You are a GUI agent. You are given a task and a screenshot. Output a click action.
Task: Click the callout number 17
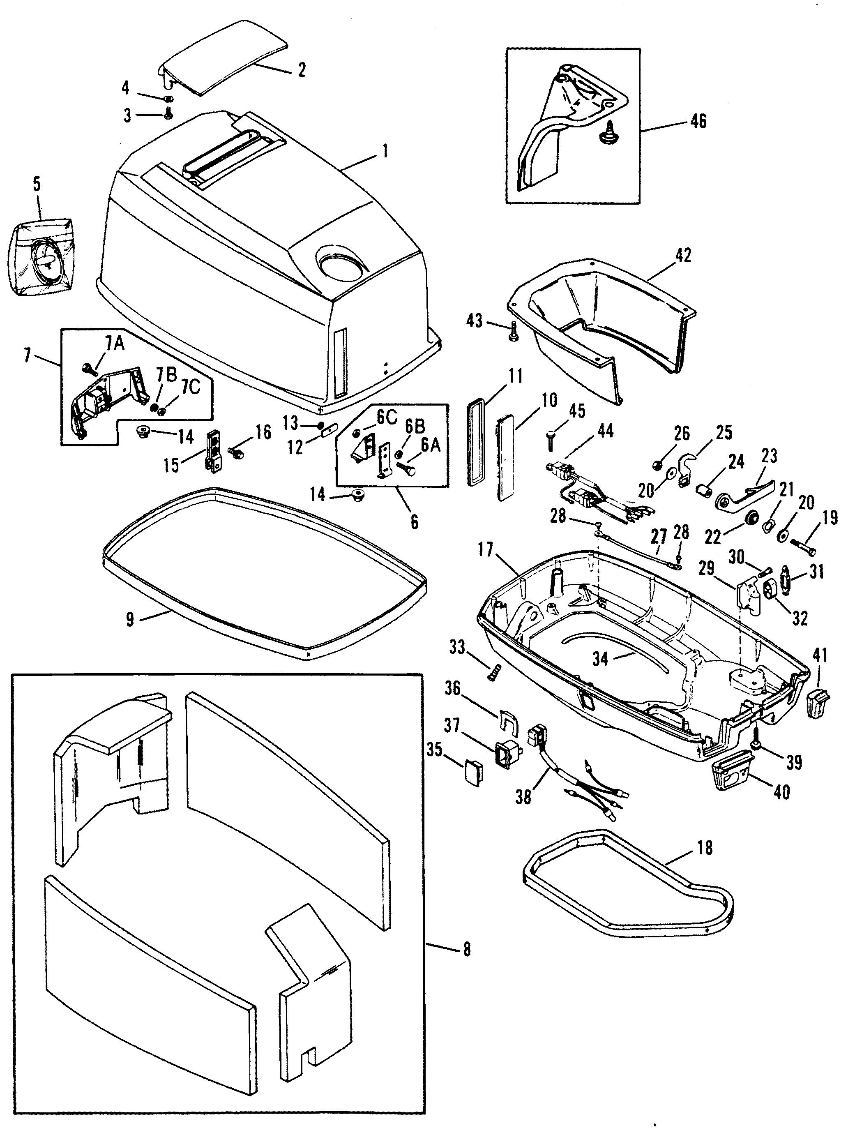tap(486, 551)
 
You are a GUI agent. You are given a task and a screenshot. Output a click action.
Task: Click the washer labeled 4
tap(169, 99)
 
